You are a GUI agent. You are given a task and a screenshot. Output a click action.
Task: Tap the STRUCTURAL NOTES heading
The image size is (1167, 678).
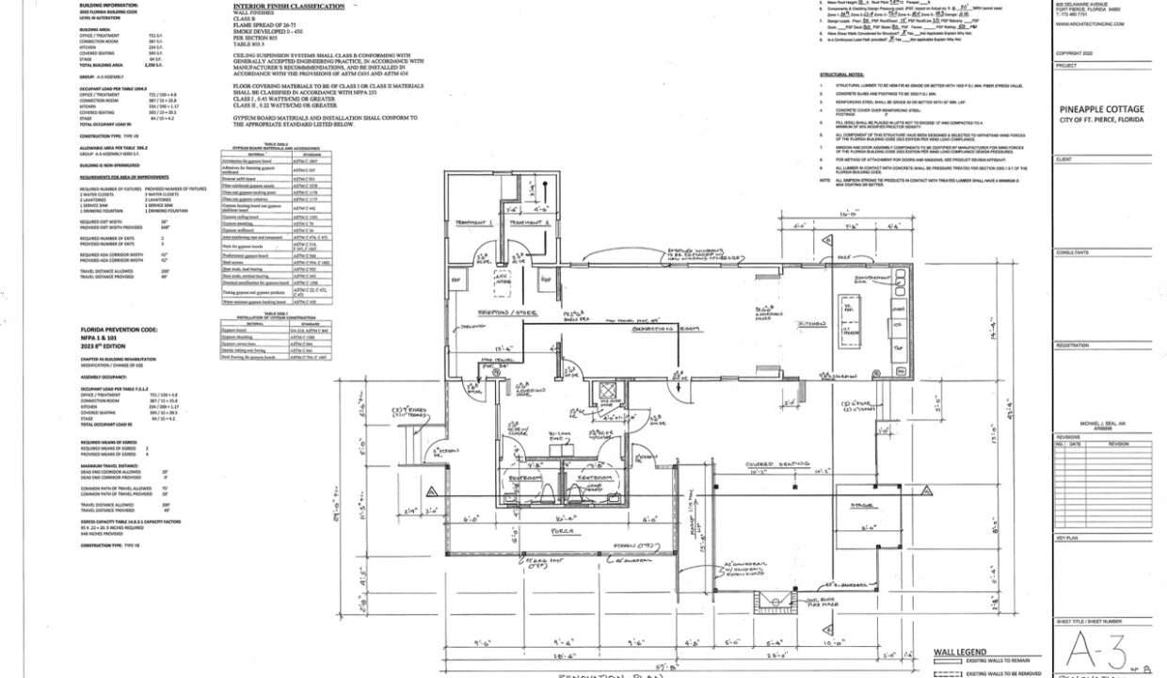coord(841,73)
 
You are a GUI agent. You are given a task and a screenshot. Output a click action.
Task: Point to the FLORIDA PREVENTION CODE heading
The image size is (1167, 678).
coord(119,330)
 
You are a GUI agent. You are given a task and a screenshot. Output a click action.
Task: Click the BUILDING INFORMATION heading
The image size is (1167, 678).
coord(107,6)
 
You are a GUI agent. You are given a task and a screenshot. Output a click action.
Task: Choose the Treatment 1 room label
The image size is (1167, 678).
coord(475,222)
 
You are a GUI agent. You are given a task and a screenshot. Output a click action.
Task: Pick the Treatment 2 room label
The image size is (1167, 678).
coord(529,222)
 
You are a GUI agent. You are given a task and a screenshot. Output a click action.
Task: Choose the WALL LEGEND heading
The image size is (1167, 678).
coord(959,652)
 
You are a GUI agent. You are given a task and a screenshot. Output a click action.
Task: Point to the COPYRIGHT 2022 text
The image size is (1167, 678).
coord(1075,54)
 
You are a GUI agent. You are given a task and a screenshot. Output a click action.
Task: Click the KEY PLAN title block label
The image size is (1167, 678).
coord(1066,538)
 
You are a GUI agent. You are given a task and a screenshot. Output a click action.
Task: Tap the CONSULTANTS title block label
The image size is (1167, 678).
coord(1072,252)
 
